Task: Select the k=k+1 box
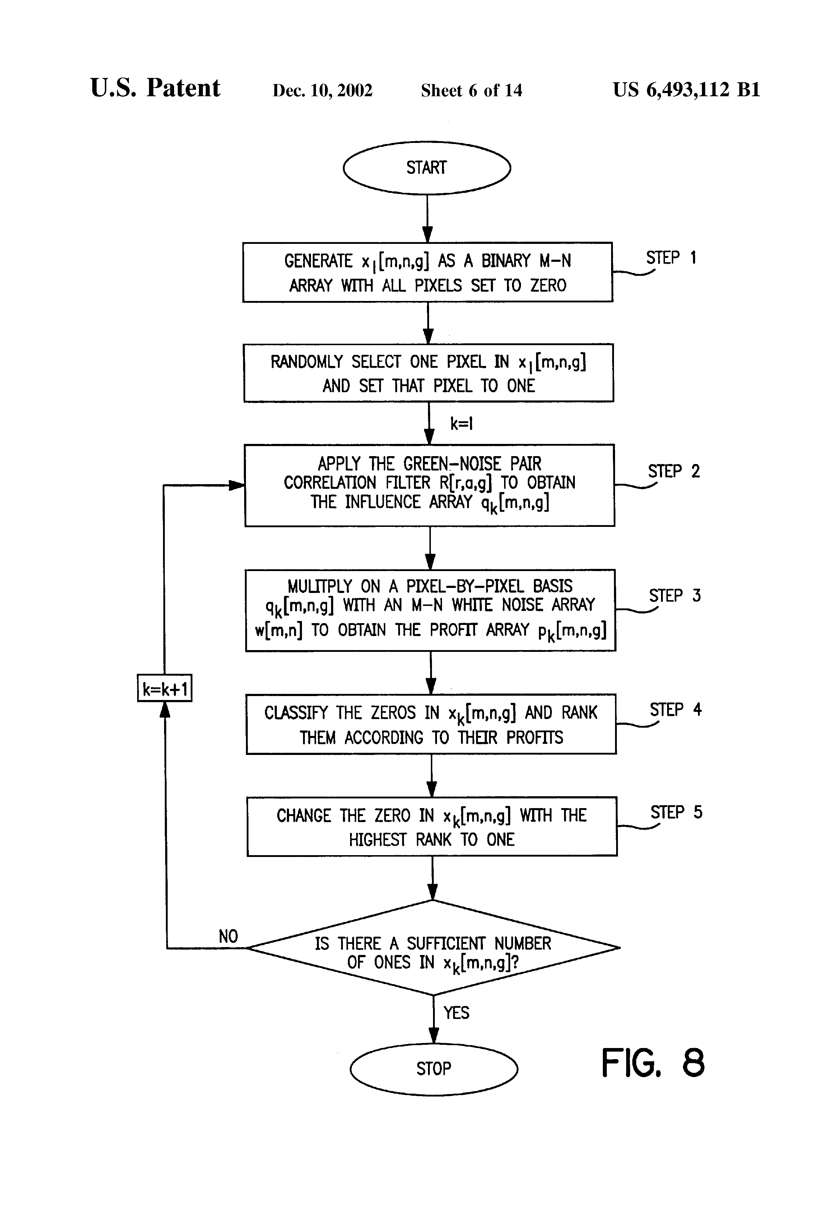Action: [165, 688]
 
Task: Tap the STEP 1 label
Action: [671, 258]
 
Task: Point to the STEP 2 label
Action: [674, 471]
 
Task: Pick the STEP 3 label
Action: [675, 596]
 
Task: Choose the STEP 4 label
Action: [676, 710]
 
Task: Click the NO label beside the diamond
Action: [228, 936]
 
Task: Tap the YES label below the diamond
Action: [456, 1012]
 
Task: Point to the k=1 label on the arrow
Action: [461, 423]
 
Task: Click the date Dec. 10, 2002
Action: [322, 91]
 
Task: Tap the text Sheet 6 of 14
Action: [471, 91]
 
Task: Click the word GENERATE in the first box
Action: [318, 261]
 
